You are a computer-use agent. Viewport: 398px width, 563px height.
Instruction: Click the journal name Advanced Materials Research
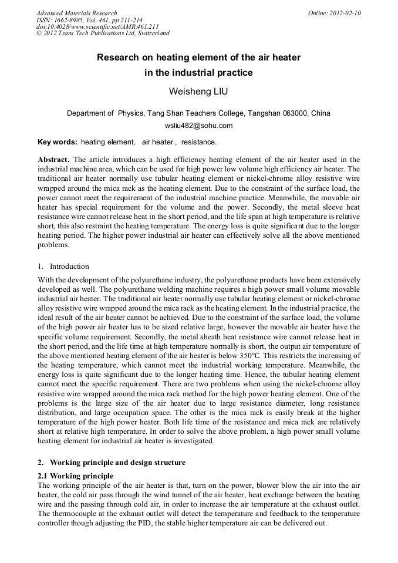click(x=76, y=13)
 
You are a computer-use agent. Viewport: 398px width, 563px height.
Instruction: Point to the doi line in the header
click(x=97, y=26)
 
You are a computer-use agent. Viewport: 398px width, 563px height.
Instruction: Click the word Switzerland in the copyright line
click(x=151, y=33)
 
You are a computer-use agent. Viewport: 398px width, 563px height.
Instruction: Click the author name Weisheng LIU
click(x=198, y=92)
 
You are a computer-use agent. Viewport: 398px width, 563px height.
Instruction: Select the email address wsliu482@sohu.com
click(x=198, y=125)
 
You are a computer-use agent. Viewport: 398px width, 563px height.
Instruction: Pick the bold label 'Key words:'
click(x=57, y=142)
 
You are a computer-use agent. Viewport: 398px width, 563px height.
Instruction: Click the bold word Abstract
click(x=53, y=160)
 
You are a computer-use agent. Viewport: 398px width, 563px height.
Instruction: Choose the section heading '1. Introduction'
click(x=63, y=266)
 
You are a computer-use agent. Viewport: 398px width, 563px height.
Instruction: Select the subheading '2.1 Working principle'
click(x=75, y=476)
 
